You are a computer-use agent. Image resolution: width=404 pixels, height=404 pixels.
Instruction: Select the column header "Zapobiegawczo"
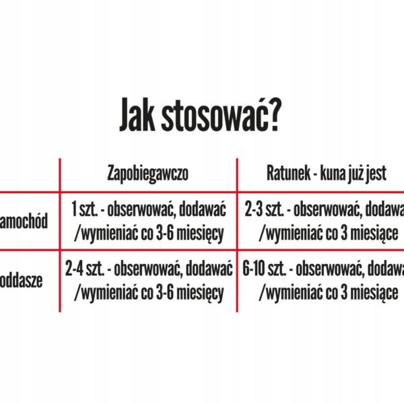pos(148,174)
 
